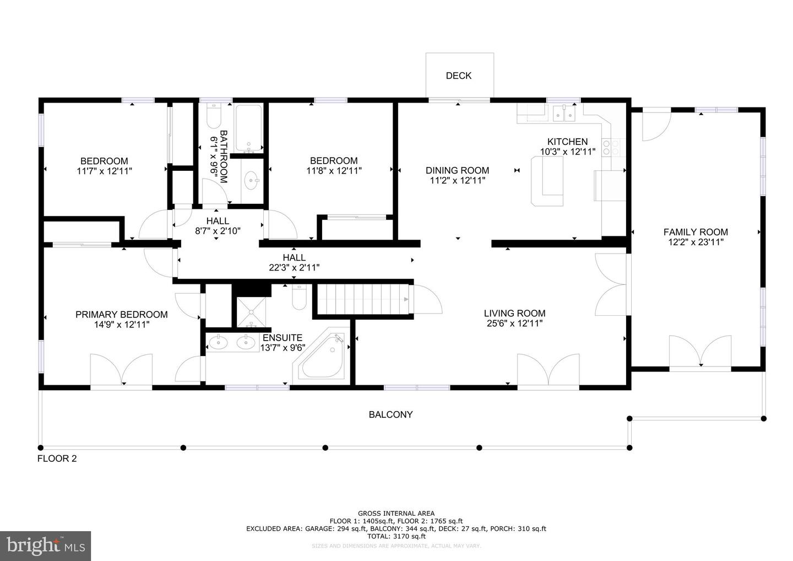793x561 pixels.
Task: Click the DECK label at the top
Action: pos(458,75)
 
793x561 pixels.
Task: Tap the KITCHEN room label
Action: pos(567,142)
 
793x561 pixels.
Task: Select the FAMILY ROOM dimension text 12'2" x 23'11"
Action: pos(696,242)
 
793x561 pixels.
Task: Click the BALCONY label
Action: pos(390,414)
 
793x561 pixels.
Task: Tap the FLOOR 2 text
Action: pos(57,458)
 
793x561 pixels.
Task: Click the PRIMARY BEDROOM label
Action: pos(121,315)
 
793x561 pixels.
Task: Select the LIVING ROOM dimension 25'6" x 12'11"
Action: pos(514,323)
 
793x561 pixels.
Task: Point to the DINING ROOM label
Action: pos(457,170)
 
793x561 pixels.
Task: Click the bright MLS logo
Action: pos(45,546)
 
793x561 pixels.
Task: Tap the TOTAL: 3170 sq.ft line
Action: pos(396,536)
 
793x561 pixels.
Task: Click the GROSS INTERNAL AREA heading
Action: pos(396,514)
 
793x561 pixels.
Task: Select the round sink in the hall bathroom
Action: pos(252,180)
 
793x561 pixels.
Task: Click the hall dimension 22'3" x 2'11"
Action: pos(294,268)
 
